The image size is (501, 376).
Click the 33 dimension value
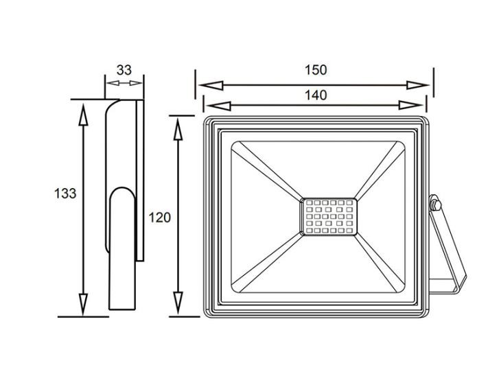pos(124,70)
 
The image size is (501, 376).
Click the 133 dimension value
pos(65,193)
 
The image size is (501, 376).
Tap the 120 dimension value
pos(160,218)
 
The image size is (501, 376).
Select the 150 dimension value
pos(316,70)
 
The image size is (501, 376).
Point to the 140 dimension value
pos(316,95)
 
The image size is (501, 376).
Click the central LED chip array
pos(329,217)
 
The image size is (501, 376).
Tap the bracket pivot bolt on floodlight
pos(435,204)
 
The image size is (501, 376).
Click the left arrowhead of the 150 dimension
pos(211,85)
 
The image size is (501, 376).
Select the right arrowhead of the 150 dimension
pos(417,85)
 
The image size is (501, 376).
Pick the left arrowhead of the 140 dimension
pos(218,106)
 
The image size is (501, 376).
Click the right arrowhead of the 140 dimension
pos(411,106)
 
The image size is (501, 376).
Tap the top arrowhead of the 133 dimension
pos(84,115)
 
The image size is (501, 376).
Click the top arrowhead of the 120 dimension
pos(178,129)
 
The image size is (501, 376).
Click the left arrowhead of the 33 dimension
pos(113,83)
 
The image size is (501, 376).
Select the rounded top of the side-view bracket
pos(122,193)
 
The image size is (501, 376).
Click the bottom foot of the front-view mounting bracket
pos(443,286)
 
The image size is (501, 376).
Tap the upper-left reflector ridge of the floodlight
pos(267,172)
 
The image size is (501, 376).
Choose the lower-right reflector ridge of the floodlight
pos(380,263)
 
